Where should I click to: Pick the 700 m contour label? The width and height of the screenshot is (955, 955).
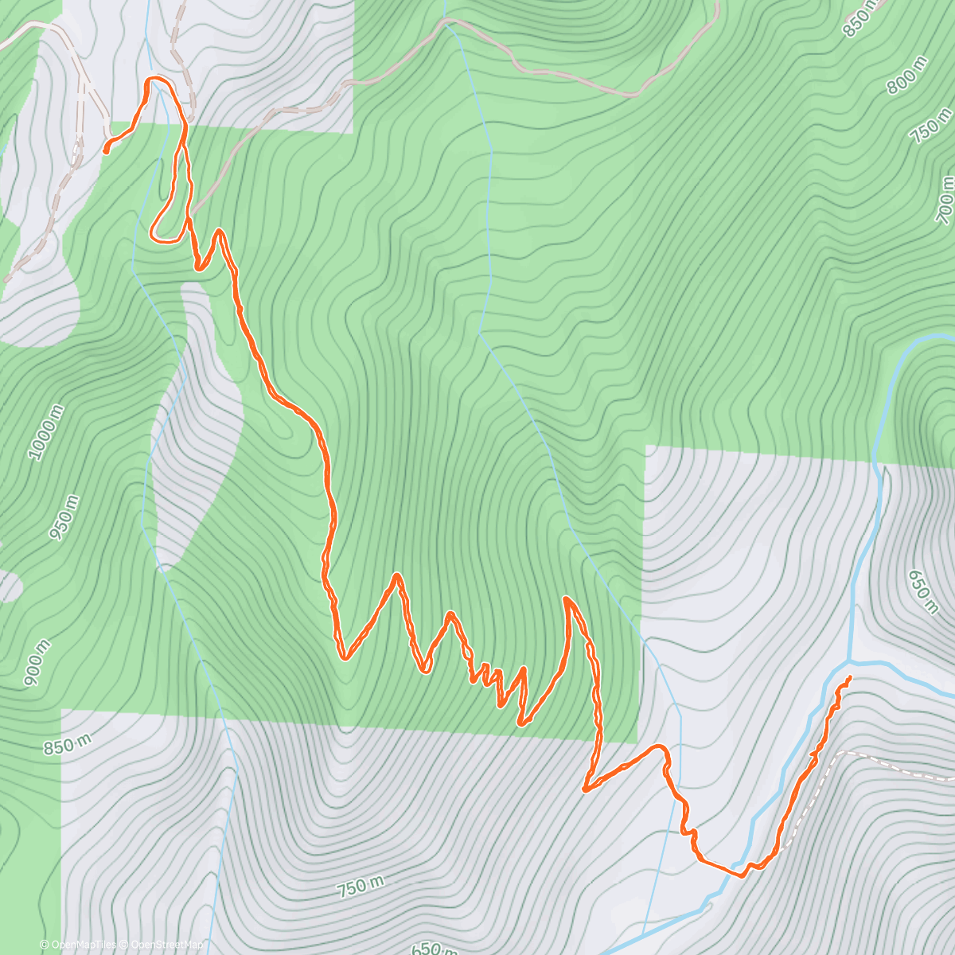click(945, 199)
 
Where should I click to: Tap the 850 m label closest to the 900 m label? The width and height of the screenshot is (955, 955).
click(67, 746)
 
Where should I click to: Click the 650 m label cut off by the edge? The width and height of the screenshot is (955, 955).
click(434, 948)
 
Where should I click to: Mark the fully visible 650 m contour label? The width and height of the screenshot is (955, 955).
click(923, 591)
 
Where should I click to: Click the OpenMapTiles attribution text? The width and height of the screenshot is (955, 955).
click(78, 945)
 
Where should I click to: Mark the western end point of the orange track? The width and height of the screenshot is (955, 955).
click(106, 150)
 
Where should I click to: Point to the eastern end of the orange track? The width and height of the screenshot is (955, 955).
click(849, 677)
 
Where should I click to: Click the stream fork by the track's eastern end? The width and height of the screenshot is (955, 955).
click(851, 661)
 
